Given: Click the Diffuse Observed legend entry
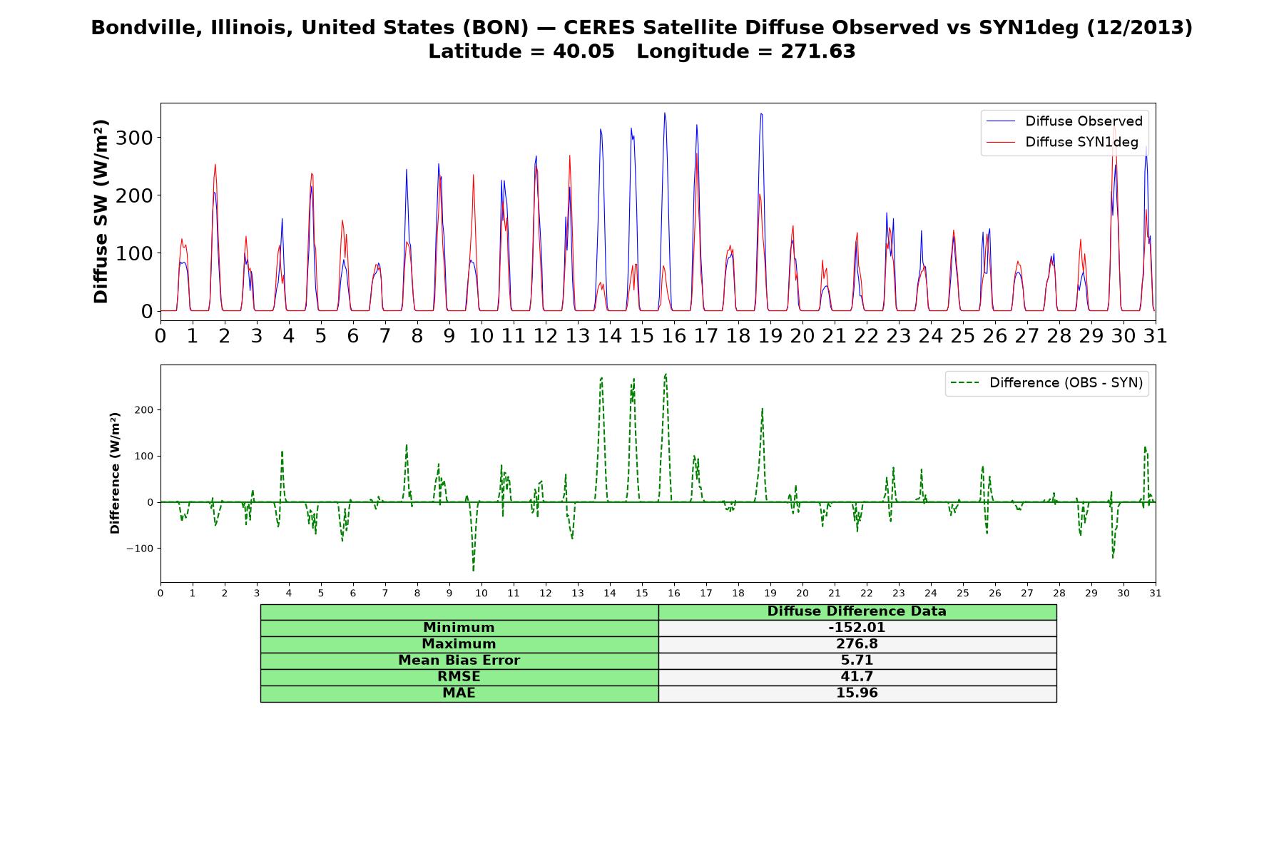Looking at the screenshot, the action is click(1064, 121).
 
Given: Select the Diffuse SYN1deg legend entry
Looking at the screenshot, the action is click(1062, 142).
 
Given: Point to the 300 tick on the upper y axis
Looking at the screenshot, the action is click(134, 138).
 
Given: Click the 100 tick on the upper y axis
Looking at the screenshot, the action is click(134, 253).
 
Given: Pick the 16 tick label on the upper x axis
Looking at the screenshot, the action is click(673, 335).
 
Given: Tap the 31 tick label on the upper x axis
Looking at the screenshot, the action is click(1155, 335).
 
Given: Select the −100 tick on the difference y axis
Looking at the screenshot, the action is click(140, 549).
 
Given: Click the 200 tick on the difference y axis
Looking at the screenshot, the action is click(144, 410).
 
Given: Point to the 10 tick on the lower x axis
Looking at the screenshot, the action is click(481, 593).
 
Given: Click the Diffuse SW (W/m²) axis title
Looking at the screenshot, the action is click(101, 211).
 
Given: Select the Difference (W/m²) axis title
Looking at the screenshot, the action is click(115, 473).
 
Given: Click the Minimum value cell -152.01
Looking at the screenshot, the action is click(857, 628).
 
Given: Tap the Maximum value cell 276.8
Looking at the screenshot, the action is click(857, 644).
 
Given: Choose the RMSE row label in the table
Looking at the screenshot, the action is click(459, 677).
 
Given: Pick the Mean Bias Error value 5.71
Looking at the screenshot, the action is click(857, 661).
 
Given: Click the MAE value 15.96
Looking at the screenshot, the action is click(857, 693).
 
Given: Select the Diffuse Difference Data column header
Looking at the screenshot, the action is click(857, 611).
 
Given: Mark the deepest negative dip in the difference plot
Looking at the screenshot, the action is click(473, 571).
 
